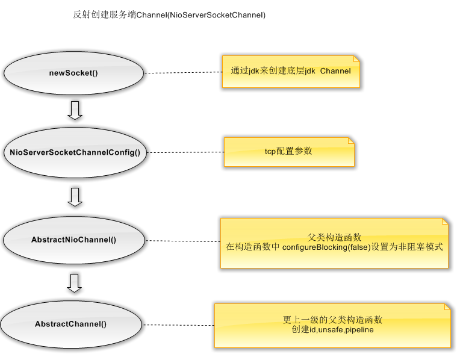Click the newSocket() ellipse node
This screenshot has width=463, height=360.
coord(73,73)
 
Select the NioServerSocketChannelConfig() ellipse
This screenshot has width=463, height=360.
coord(75,152)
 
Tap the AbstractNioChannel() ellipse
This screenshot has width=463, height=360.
coord(73,240)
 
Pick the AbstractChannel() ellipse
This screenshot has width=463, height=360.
coord(70,324)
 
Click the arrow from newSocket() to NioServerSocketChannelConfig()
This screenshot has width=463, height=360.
coord(75,110)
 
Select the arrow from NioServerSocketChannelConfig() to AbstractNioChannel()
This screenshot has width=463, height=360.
coord(75,197)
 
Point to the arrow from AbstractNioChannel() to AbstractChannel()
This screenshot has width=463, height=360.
coord(75,282)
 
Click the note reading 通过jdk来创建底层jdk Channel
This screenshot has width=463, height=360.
coord(291,72)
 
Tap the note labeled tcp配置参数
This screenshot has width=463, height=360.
coord(289,152)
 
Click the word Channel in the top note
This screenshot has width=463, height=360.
coord(335,71)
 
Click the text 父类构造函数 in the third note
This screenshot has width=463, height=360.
coord(334,237)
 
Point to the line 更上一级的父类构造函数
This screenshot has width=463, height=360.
coord(332,320)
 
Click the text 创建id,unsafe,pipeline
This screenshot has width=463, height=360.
coord(332,329)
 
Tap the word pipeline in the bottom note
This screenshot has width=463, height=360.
coord(359,329)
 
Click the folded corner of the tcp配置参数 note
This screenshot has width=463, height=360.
coord(351,141)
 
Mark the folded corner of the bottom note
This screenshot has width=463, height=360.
coord(447,307)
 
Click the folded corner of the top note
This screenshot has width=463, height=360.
coord(356,59)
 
